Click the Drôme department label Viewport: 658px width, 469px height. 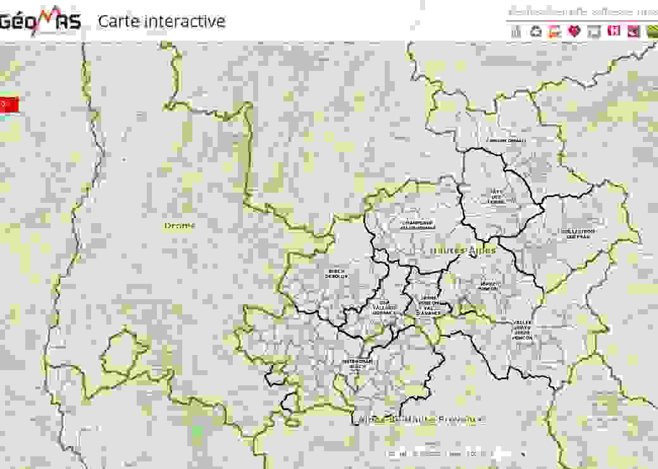180,226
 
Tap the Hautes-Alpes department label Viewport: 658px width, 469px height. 462,250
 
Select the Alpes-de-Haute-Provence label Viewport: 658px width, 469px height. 421,420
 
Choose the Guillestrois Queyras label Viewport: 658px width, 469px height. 578,234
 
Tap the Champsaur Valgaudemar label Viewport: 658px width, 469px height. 417,225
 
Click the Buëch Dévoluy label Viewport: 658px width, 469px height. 336,274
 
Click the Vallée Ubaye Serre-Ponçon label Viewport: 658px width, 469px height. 522,330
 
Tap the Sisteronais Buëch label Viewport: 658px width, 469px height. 357,364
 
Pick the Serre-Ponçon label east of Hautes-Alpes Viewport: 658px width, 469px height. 489,286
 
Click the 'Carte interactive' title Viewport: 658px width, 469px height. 161,21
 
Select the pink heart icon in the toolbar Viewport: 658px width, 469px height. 574,31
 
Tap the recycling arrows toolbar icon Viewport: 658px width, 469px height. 536,31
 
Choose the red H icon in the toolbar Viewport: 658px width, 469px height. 613,30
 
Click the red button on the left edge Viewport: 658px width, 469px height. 9,105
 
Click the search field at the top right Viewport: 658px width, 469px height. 582,11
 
